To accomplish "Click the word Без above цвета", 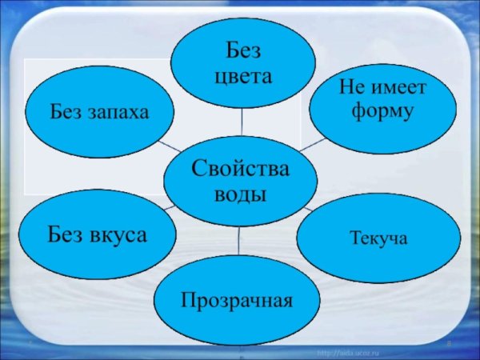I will click(x=243, y=52).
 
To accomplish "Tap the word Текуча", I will click(x=378, y=238).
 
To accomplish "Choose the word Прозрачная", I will click(x=237, y=301).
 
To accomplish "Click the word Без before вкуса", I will click(x=67, y=235).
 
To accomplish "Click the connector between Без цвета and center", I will click(x=242, y=122).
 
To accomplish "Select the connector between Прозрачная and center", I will click(x=239, y=239).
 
